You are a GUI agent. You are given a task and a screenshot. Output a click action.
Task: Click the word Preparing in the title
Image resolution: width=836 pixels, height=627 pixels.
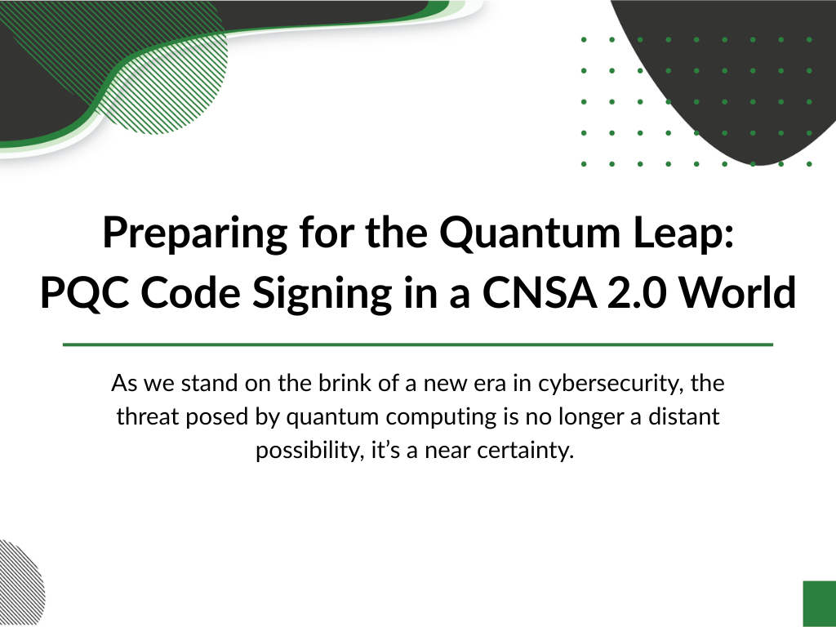[x=195, y=233]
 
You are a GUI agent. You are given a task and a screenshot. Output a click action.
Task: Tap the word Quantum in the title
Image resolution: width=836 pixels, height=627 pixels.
[x=530, y=233]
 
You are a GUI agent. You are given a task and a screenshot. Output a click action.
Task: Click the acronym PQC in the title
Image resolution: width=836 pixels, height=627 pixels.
[x=84, y=293]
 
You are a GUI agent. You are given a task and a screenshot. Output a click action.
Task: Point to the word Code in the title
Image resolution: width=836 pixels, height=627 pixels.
[x=190, y=293]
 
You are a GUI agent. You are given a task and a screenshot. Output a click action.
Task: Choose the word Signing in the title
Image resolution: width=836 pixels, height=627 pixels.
[x=322, y=294]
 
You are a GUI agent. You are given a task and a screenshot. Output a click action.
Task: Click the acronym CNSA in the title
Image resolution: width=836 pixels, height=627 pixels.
[x=540, y=293]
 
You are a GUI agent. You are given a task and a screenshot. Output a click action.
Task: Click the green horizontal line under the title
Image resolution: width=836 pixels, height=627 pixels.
[x=418, y=345]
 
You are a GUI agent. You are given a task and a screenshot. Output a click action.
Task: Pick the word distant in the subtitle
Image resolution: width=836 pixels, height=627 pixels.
[x=684, y=416]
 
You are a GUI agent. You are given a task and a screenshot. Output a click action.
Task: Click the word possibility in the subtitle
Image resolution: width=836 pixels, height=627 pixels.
[x=310, y=451]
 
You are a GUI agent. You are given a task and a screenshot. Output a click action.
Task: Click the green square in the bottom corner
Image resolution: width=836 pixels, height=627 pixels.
[x=820, y=604]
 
